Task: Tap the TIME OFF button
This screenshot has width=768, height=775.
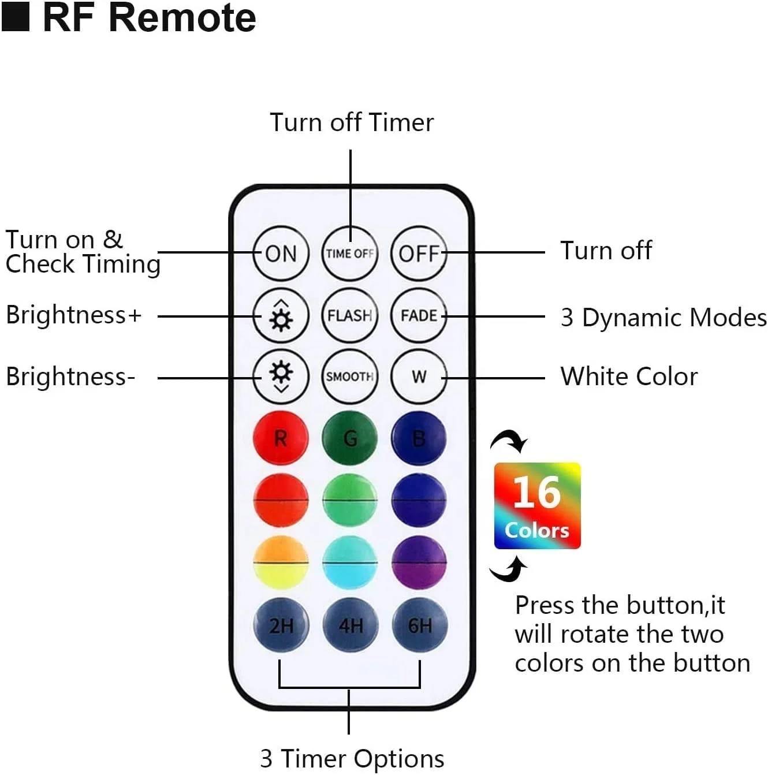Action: click(349, 254)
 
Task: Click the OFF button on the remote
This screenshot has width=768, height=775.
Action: click(419, 254)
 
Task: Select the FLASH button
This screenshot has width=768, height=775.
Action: click(349, 315)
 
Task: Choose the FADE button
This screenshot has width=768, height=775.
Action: click(419, 315)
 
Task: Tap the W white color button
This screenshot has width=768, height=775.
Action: click(419, 377)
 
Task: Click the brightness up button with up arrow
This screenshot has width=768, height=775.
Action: click(281, 315)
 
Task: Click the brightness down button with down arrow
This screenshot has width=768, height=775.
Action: click(281, 377)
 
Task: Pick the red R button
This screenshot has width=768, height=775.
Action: click(281, 438)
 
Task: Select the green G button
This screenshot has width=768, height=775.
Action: click(349, 438)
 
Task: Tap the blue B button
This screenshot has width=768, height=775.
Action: click(419, 438)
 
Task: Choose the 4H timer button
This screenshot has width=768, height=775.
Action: click(350, 625)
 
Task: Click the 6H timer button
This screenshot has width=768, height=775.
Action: click(419, 625)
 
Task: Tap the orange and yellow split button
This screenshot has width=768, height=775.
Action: click(281, 562)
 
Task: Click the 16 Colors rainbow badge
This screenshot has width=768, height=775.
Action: click(536, 505)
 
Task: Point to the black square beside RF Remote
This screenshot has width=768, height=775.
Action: click(16, 17)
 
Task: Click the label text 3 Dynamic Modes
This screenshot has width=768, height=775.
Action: click(663, 317)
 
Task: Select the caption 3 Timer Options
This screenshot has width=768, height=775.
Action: click(352, 758)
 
